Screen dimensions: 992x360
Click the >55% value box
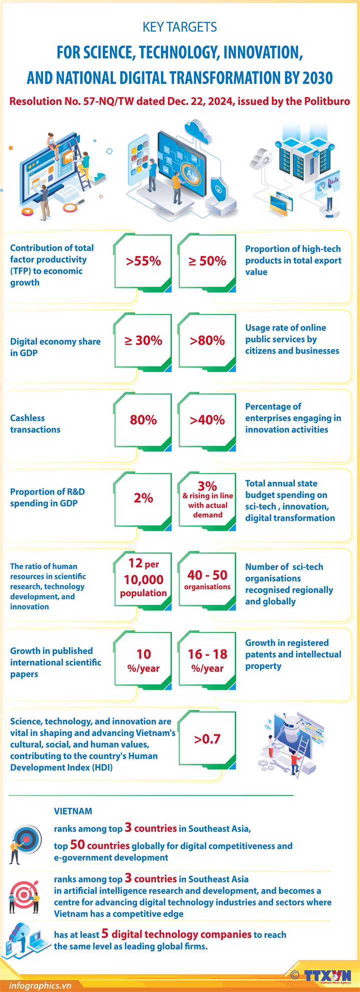(x=143, y=261)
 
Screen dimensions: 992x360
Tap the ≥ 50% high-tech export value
(x=207, y=261)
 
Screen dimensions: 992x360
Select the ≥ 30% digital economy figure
(x=143, y=341)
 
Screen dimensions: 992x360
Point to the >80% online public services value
(x=207, y=341)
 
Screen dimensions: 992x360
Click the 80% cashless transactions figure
(x=143, y=420)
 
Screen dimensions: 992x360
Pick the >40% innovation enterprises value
(x=207, y=420)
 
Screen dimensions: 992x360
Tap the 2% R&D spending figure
(x=143, y=498)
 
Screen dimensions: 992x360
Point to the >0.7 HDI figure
(x=207, y=739)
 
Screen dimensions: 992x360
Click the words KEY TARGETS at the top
(x=179, y=27)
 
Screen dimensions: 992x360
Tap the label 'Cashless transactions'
(x=35, y=424)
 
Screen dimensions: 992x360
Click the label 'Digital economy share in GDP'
(x=55, y=347)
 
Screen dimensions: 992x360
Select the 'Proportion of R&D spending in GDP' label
(x=47, y=498)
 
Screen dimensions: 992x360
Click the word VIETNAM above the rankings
(x=73, y=811)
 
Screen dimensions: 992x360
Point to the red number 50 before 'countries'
(x=77, y=845)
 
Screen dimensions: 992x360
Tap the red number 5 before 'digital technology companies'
(x=105, y=933)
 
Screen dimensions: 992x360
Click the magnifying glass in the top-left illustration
(x=69, y=207)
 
